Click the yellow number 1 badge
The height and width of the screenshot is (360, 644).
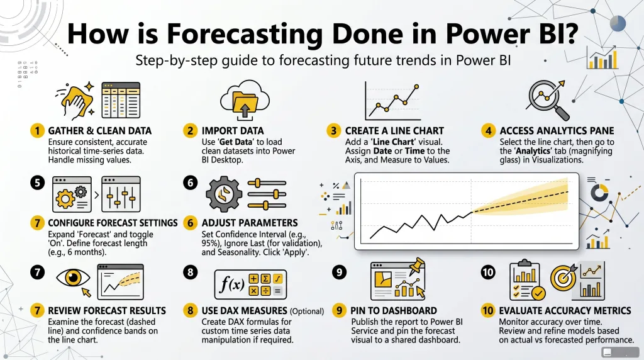(38, 131)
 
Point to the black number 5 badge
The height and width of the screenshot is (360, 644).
(38, 183)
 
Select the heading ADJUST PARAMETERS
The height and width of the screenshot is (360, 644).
(250, 223)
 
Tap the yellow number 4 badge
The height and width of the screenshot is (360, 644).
(488, 131)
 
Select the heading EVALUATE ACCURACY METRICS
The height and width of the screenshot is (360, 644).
(564, 310)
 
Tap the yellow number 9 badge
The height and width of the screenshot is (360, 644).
(339, 310)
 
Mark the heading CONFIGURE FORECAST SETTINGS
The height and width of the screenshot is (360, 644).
(113, 223)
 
